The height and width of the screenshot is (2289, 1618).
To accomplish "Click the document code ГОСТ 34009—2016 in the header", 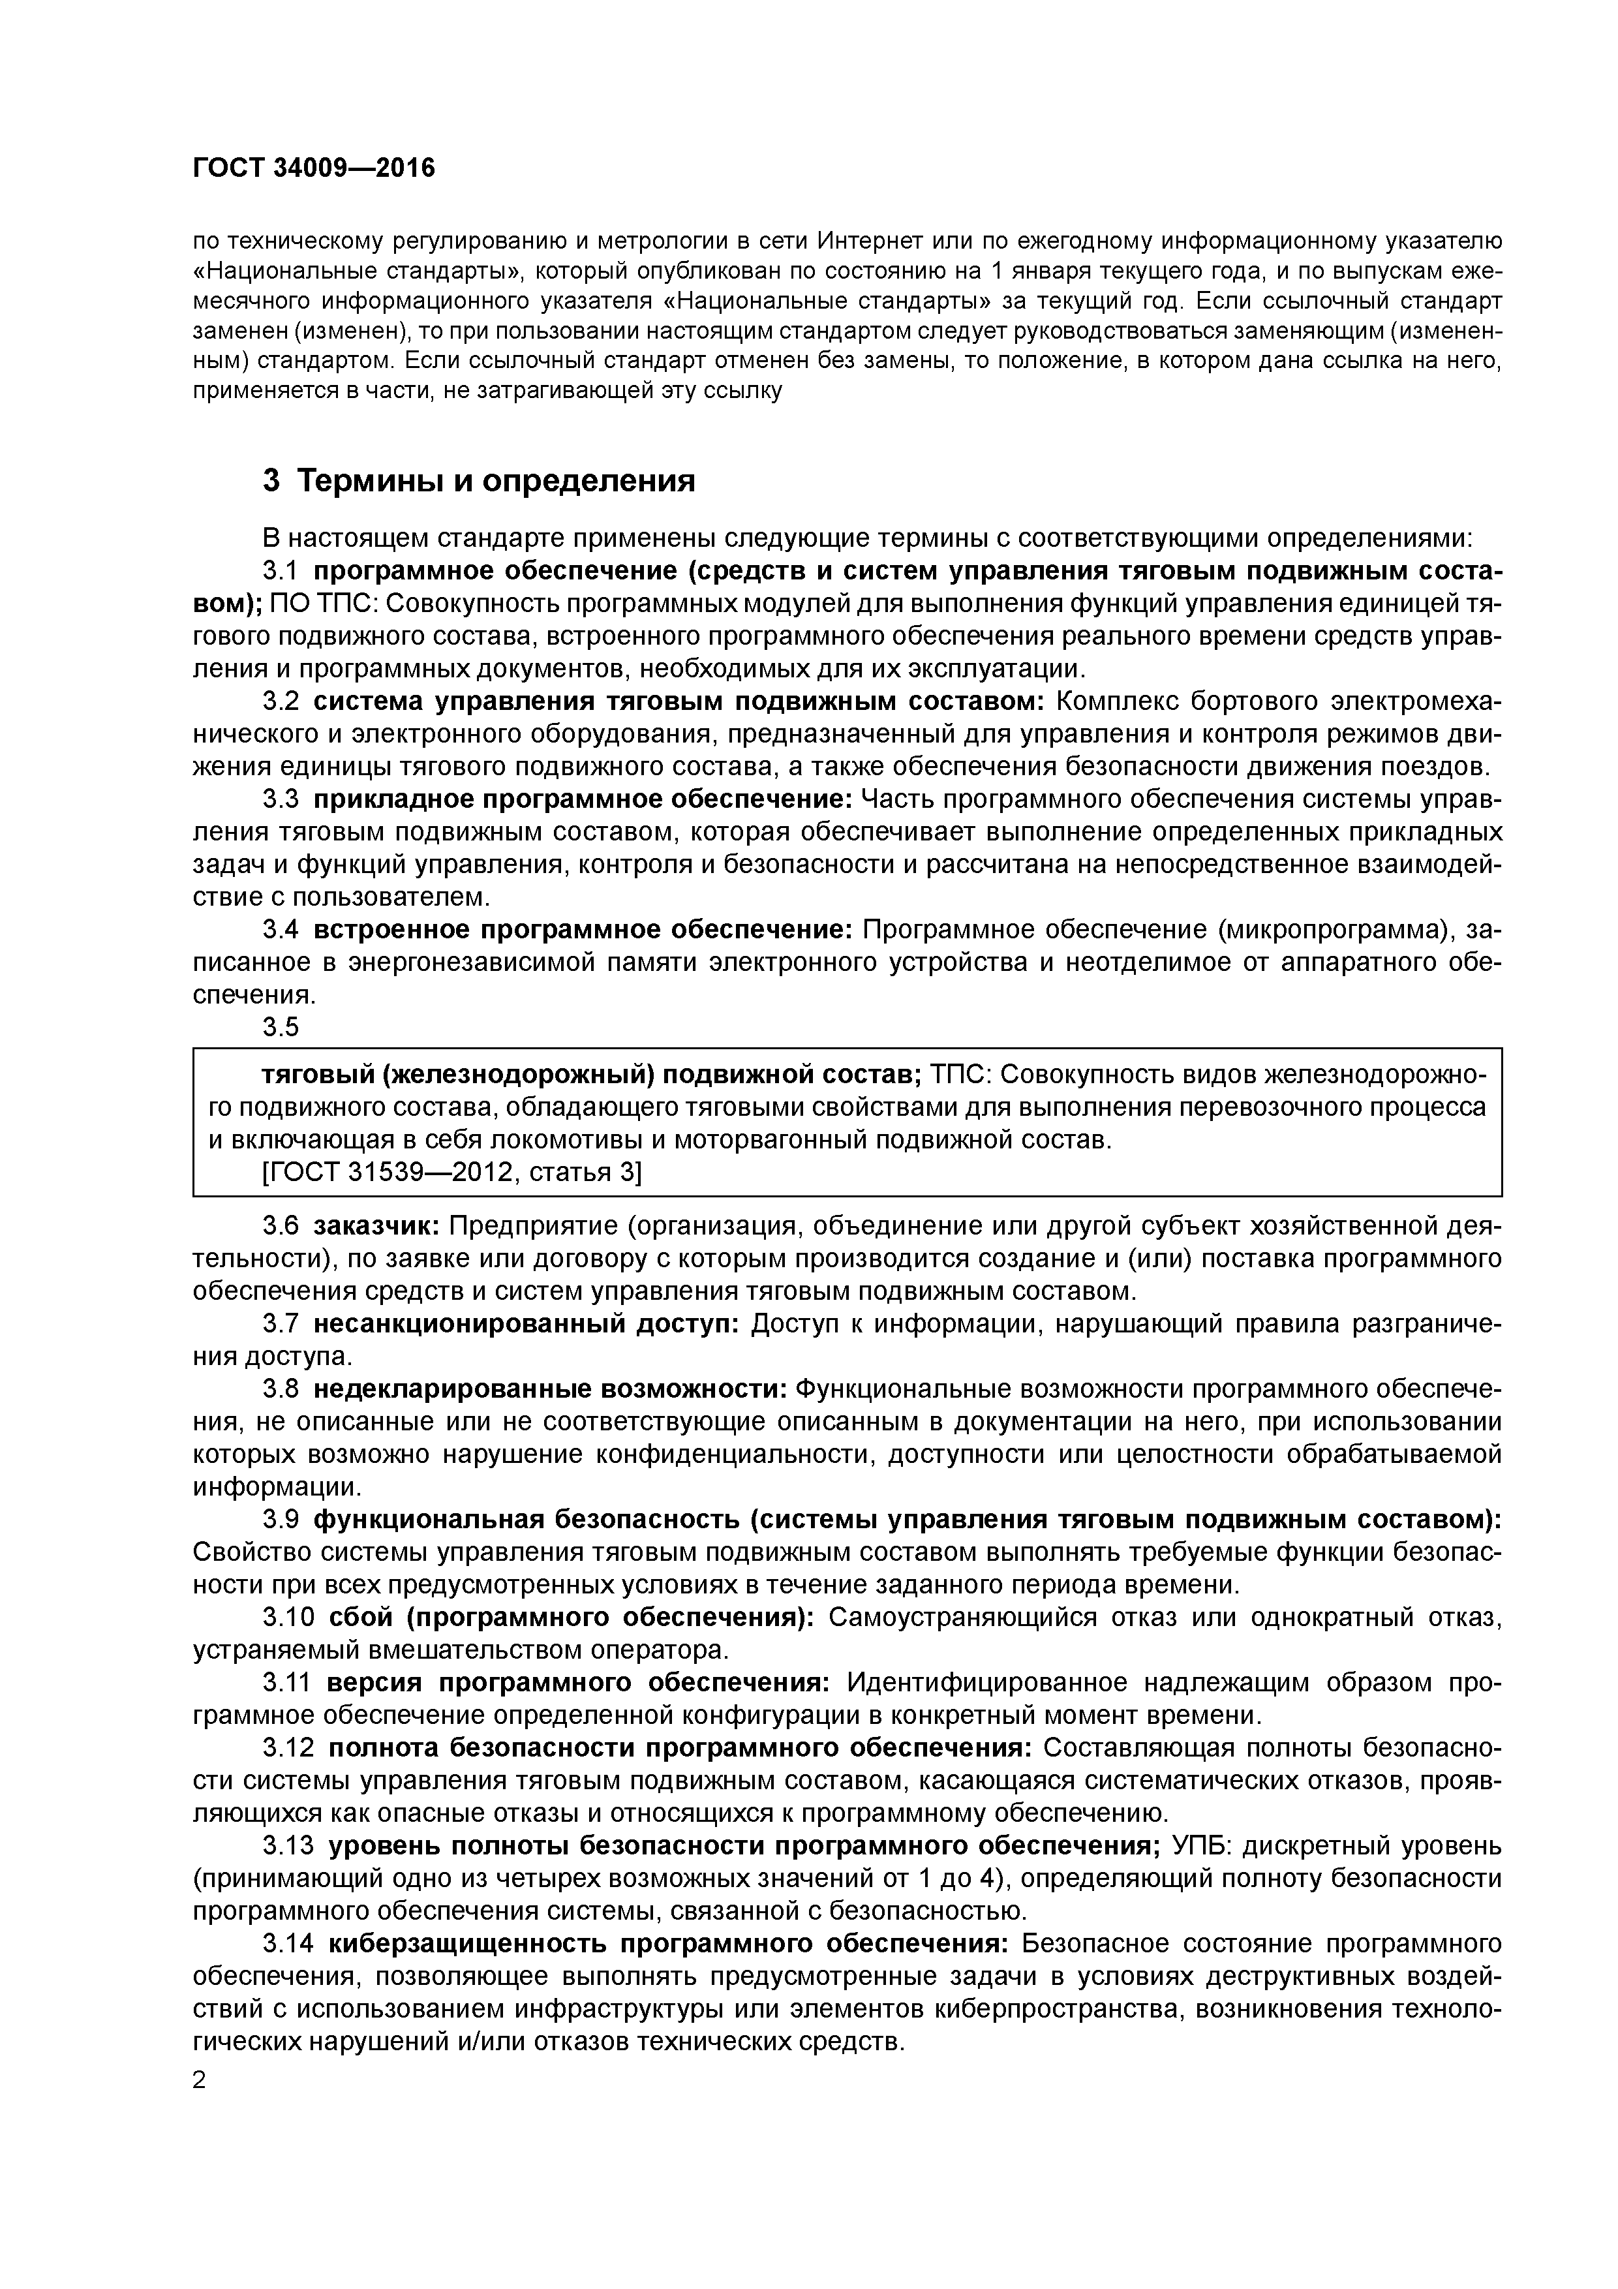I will [314, 168].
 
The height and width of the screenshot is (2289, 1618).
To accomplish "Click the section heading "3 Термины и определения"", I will [478, 482].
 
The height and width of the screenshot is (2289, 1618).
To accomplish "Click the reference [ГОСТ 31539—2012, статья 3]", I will [451, 1173].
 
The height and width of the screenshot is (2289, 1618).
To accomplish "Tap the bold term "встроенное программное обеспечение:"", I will [582, 930].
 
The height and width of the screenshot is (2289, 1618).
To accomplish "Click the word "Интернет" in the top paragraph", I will [869, 241].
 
